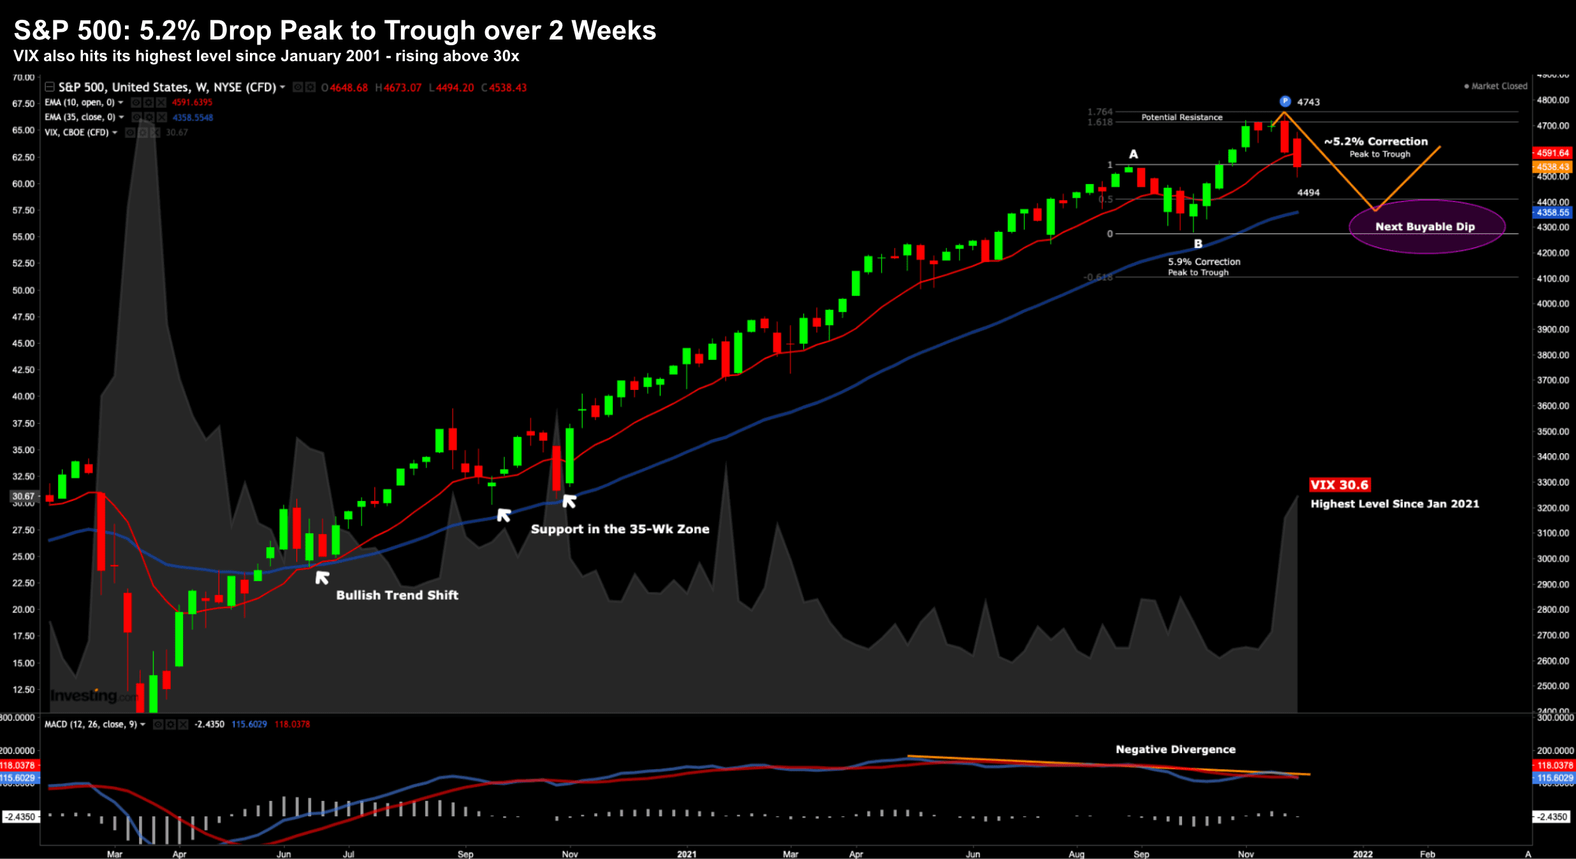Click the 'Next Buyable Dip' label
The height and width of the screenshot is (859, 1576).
1425,227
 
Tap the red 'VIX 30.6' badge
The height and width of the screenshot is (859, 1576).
1339,485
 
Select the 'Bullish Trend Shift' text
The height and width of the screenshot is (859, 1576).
397,595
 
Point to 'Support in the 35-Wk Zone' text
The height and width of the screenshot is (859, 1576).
620,529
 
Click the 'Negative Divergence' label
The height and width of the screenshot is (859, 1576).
1175,749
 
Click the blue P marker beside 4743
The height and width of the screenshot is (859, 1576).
1285,101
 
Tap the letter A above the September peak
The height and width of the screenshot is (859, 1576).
1134,154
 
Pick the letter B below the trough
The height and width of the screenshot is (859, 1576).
1198,243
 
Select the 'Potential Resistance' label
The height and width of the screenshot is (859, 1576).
1181,117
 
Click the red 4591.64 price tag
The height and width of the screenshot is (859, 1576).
1552,153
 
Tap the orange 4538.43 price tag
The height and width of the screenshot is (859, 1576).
1552,167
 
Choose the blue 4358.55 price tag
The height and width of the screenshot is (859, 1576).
1552,213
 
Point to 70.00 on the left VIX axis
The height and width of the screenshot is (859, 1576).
24,78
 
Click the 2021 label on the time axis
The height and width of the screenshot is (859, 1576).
687,854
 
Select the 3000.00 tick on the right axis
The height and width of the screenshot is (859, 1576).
1552,559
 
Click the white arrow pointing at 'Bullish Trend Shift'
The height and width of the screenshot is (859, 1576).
322,577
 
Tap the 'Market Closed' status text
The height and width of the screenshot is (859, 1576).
1499,86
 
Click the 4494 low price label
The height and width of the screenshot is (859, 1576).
1308,192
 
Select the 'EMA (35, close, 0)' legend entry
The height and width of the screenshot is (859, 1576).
80,117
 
